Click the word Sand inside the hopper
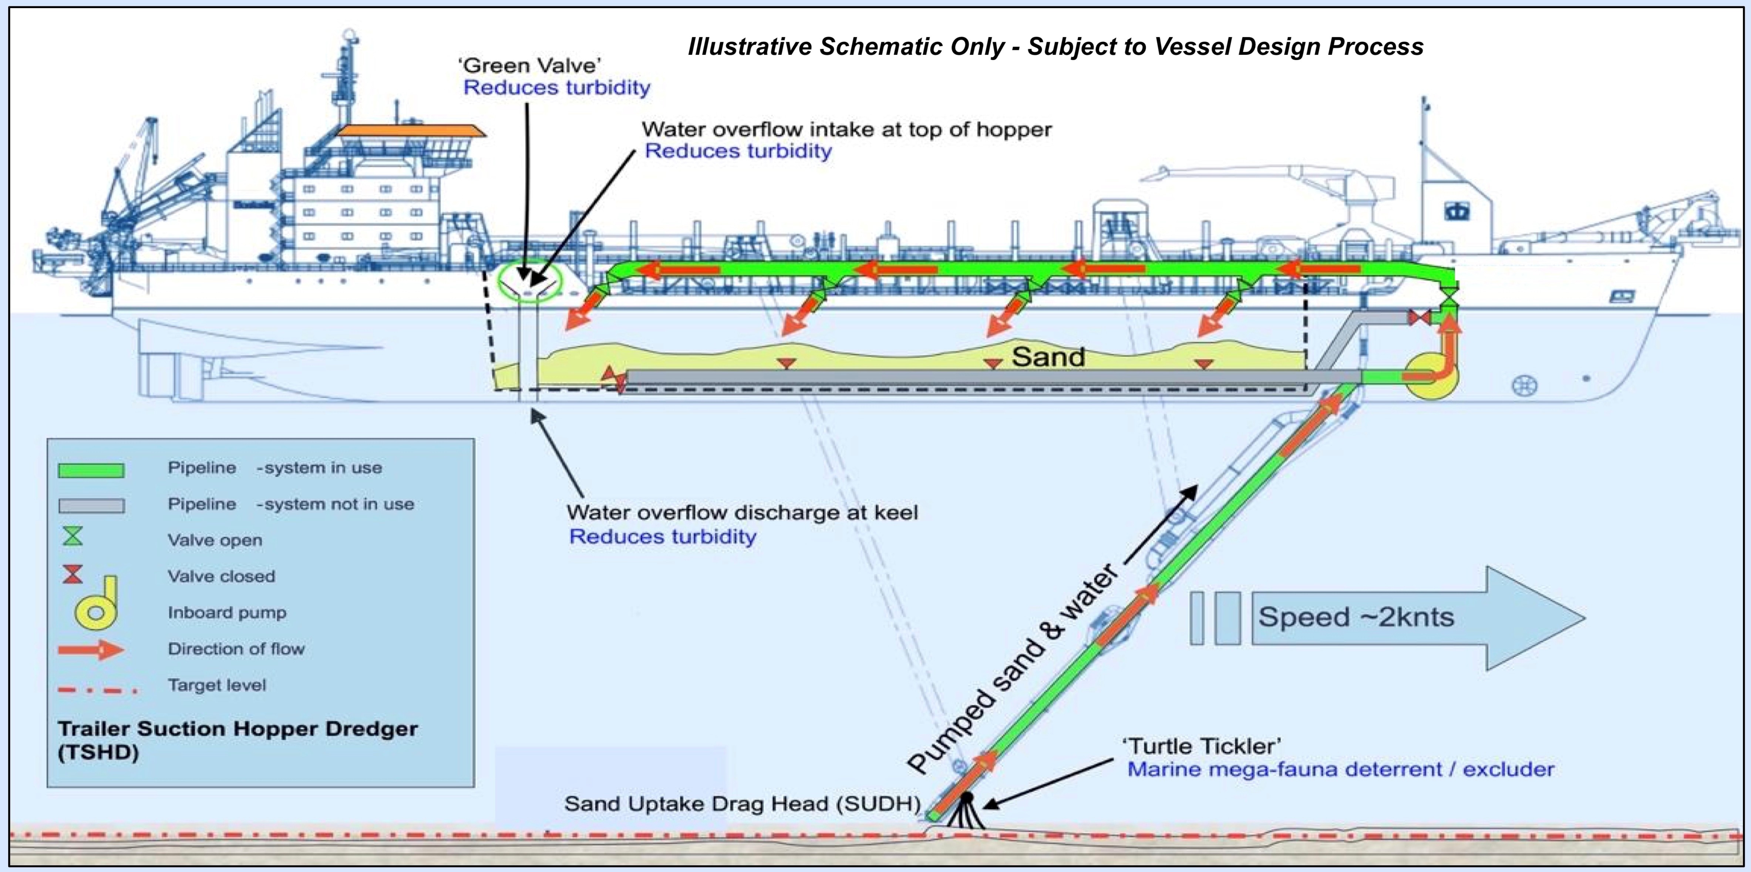coord(1048,357)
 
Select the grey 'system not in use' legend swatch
coord(91,506)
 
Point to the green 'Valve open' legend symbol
coord(73,537)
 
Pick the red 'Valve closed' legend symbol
coord(73,574)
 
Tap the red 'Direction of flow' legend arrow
coord(90,650)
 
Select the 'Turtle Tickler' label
coord(1202,746)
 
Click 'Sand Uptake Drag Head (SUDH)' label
coord(742,804)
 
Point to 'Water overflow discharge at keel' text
coord(742,512)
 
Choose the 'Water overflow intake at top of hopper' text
coord(846,129)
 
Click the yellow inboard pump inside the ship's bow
coord(1431,376)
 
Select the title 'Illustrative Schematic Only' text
coord(1055,46)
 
